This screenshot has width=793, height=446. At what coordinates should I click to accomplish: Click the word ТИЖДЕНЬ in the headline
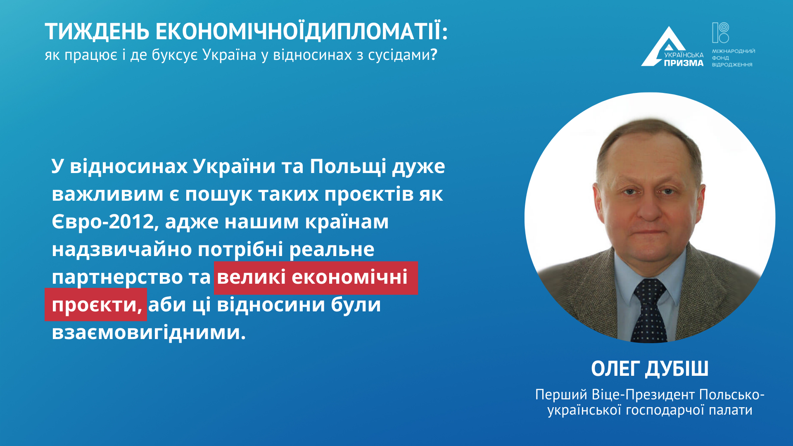[97, 32]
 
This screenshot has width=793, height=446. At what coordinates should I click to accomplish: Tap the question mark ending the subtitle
[434, 55]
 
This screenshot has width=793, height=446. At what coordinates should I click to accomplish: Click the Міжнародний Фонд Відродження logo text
[733, 58]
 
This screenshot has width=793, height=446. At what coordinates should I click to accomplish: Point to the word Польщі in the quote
[348, 167]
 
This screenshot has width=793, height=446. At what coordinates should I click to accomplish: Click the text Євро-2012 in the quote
[103, 222]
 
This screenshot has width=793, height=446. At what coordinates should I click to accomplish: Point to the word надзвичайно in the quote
[122, 249]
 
